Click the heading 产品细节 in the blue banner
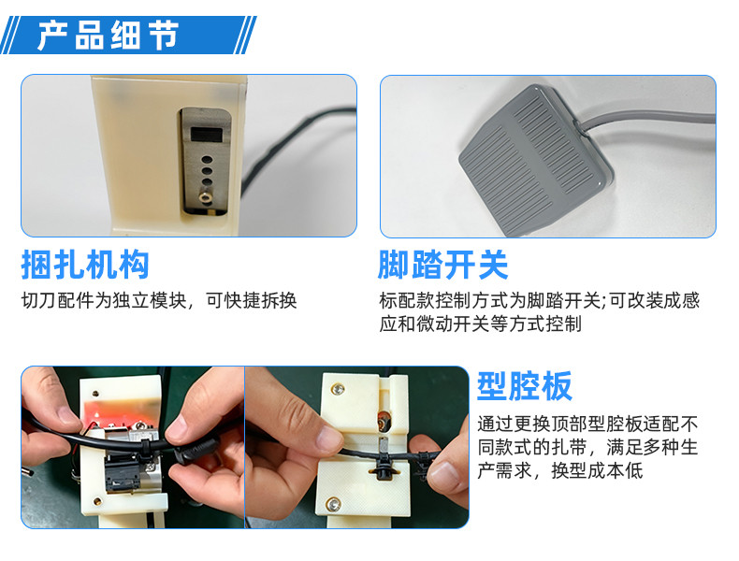coord(108,36)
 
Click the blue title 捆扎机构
coord(85,265)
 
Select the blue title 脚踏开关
coord(442,265)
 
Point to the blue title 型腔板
coord(525,384)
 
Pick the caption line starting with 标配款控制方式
coord(539,301)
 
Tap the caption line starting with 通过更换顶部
coord(587,423)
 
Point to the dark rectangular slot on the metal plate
coord(203,137)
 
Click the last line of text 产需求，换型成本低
coord(559,471)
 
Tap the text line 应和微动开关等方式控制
coord(480,324)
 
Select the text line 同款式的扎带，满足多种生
coord(587,447)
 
